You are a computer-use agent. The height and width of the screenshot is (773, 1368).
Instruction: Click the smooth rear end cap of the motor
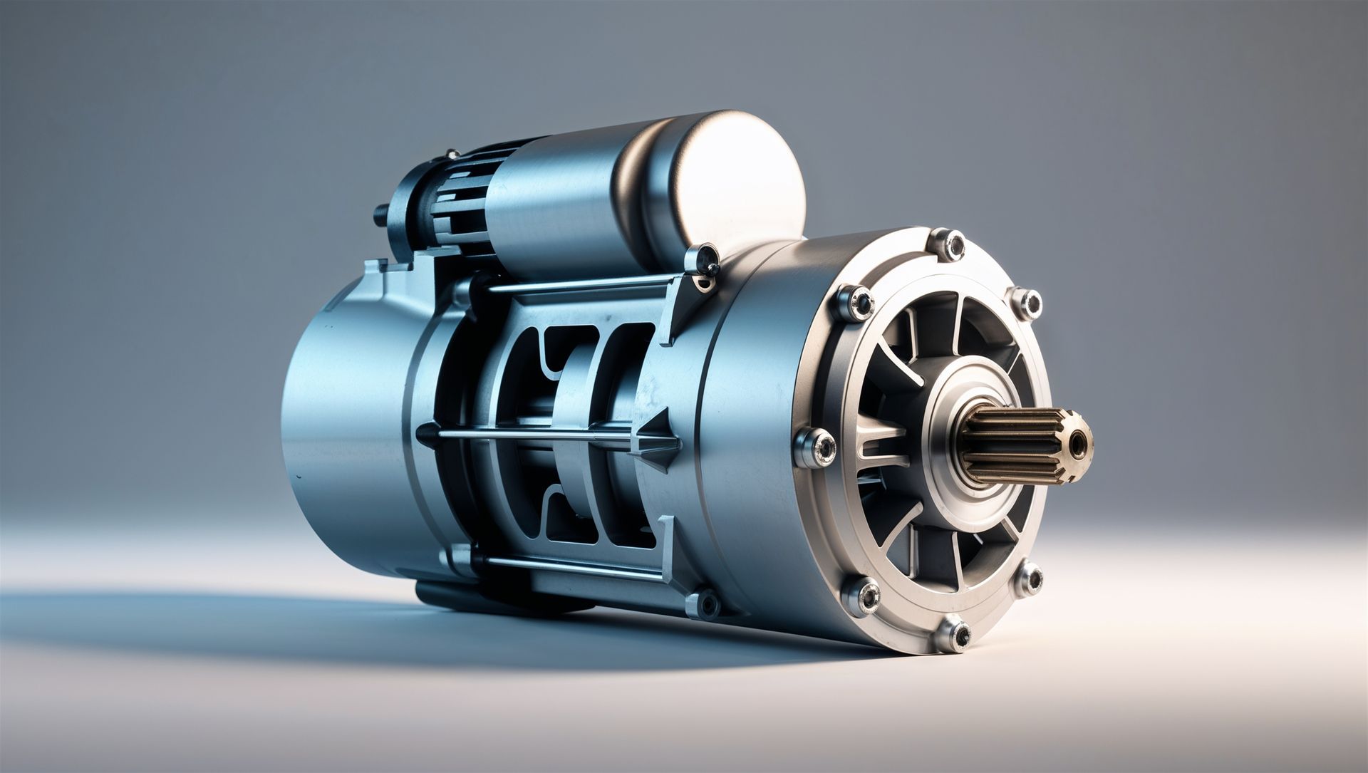(x=342, y=427)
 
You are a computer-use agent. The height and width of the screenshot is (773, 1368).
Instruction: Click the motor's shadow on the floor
(x=214, y=620)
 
